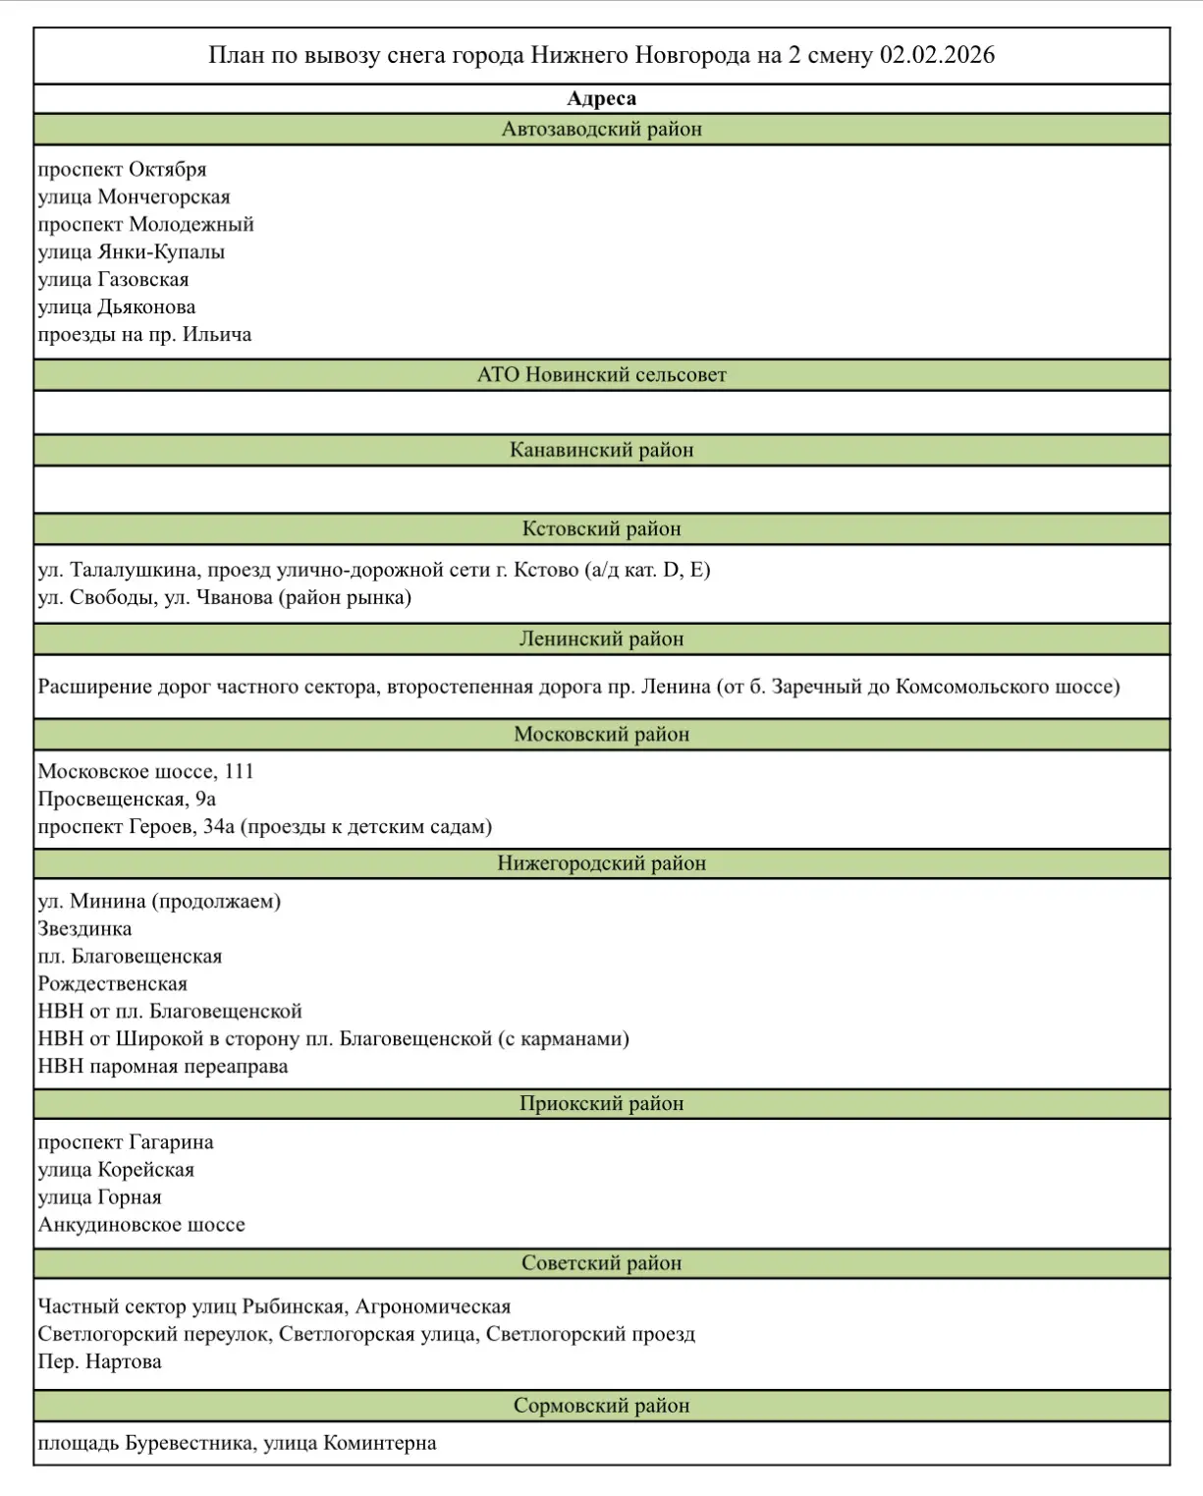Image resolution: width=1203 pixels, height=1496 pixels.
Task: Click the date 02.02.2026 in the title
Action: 937,55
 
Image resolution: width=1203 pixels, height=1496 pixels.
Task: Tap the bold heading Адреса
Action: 601,99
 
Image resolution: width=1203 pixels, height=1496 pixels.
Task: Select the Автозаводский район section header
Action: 601,130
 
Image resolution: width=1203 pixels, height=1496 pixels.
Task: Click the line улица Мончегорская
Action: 134,197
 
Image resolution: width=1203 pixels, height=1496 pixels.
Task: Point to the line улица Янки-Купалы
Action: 131,252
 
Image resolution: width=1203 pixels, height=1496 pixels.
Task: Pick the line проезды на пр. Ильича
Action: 144,335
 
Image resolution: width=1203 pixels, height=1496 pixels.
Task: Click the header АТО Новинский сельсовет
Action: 601,375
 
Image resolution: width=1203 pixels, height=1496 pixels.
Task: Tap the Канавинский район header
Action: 601,451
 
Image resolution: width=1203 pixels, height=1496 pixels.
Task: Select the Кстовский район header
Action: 601,529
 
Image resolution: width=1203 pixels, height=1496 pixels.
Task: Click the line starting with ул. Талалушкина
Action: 373,571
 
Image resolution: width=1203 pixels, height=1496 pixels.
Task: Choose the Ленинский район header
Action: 601,639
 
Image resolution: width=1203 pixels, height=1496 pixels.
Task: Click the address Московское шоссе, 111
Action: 145,772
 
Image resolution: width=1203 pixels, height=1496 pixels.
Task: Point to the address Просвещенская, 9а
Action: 127,800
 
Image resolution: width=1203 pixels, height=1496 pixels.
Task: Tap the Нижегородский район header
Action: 601,864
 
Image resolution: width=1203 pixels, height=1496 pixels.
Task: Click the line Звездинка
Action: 84,929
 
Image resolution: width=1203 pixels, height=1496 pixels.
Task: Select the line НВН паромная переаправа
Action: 163,1067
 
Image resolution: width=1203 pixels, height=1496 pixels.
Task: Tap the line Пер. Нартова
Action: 99,1362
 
